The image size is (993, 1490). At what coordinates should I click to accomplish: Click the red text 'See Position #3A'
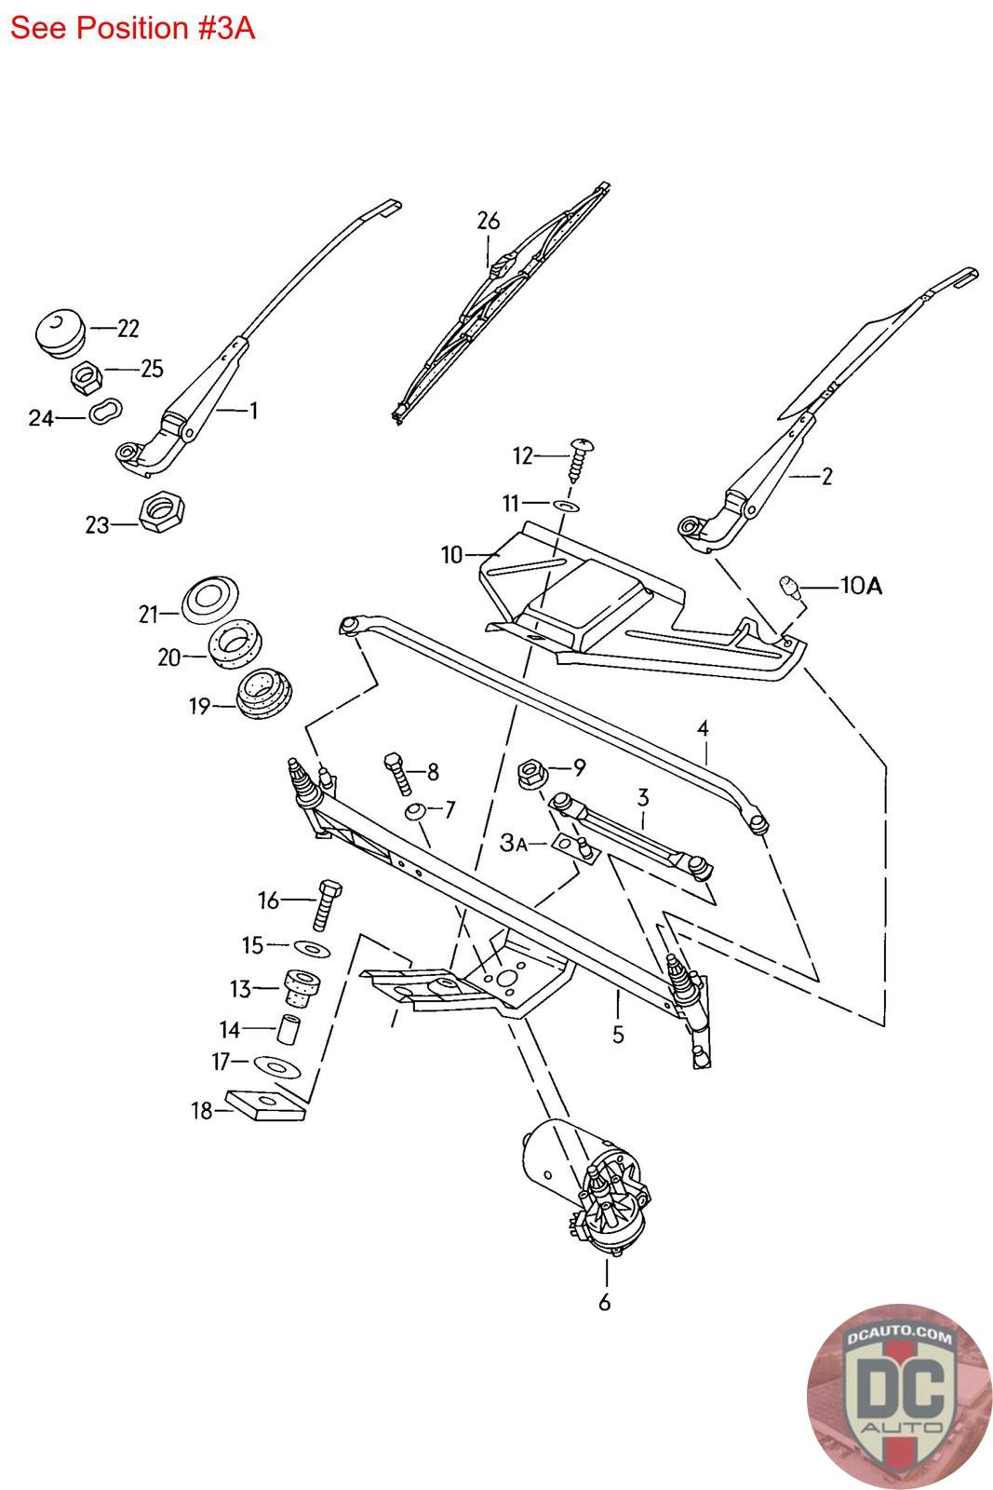pos(132,29)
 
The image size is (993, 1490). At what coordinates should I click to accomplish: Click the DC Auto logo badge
pos(898,1395)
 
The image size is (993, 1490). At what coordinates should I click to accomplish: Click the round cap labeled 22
pos(61,332)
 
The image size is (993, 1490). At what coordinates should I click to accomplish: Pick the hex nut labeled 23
pos(162,511)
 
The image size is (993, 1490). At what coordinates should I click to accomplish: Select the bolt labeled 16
pos(324,902)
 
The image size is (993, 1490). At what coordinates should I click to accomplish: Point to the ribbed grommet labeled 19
pos(262,694)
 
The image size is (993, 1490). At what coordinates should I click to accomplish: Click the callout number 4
pos(704,728)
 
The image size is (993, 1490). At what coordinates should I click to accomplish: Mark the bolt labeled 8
pos(395,773)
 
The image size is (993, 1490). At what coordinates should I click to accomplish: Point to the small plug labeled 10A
pos(789,587)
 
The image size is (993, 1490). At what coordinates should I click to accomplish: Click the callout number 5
pos(618,1034)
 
